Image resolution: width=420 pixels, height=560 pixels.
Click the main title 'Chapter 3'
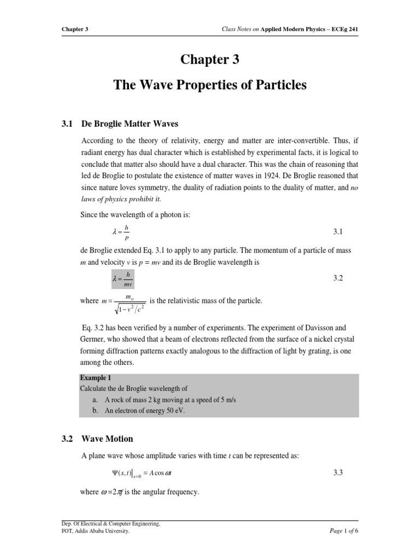pos(209,60)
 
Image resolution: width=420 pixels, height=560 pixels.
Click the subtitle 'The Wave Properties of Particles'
pos(209,85)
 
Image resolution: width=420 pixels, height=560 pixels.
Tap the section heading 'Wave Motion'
pos(107,439)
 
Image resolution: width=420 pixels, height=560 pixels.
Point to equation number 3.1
pos(337,232)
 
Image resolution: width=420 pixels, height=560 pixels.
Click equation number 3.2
pos(337,278)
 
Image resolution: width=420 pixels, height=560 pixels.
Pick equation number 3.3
pos(337,472)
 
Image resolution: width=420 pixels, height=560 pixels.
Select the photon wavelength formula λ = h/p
pos(121,232)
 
